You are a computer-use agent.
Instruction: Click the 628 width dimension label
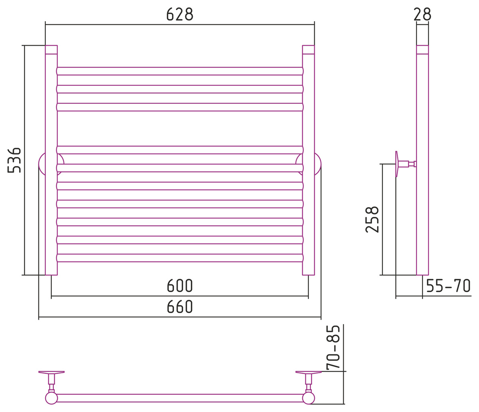(180, 14)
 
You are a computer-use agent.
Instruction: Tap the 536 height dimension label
(14, 160)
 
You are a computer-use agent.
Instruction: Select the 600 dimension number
(180, 285)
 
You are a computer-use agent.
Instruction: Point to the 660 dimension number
(180, 306)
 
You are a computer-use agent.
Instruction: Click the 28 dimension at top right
(422, 14)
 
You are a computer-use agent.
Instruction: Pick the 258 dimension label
(372, 219)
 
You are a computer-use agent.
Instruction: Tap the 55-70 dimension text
(448, 285)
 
